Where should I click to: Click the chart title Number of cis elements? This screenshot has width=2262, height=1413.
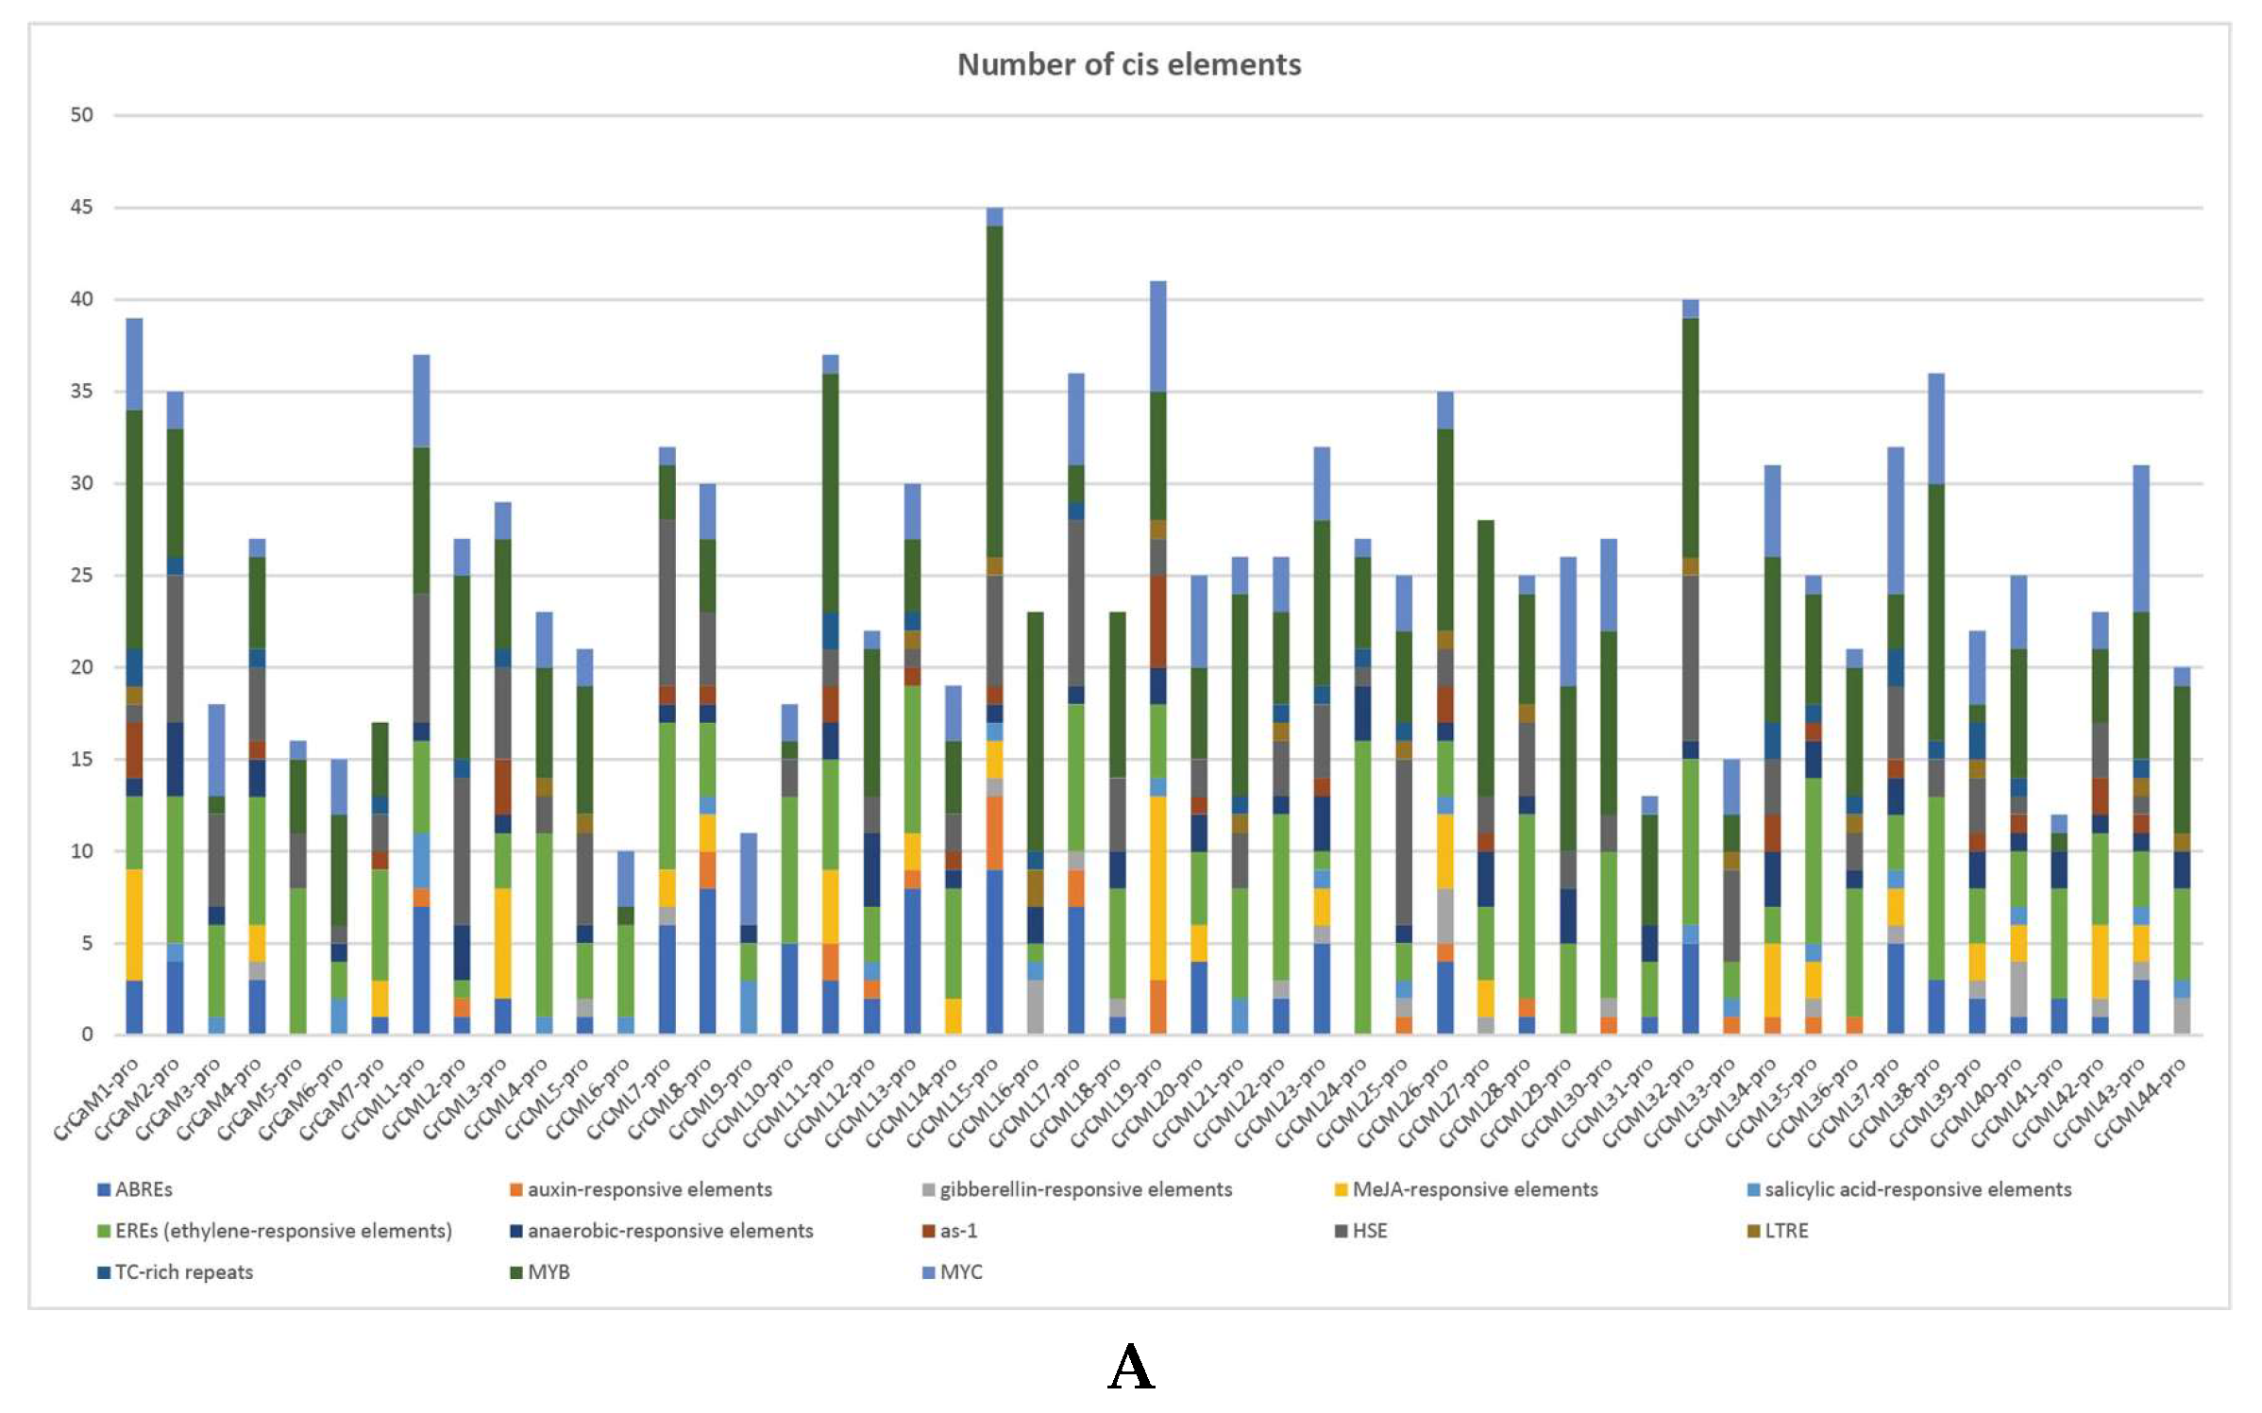[1129, 64]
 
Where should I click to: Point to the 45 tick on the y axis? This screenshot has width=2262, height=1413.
[82, 207]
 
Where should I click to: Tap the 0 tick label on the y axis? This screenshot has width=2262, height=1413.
[87, 1035]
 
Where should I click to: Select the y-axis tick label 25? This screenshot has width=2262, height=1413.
[82, 575]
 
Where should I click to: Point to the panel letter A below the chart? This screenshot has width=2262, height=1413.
[1131, 1368]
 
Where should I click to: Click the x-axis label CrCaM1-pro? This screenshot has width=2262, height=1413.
[97, 1100]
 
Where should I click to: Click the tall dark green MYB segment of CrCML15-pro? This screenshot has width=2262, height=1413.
[994, 392]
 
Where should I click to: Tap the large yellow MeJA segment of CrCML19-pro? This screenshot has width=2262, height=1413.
[1157, 887]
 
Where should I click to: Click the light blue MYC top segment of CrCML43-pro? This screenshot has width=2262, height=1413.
[2140, 538]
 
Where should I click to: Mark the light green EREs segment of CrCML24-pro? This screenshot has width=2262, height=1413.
[1362, 887]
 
